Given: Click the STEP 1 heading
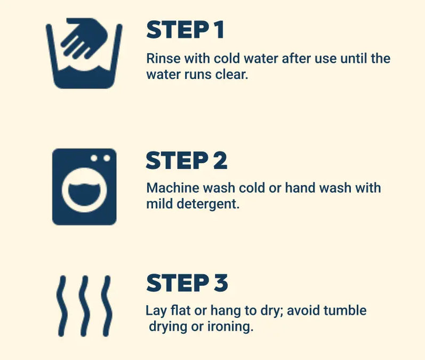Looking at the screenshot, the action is pyautogui.click(x=185, y=30).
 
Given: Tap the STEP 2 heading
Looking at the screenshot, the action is pyautogui.click(x=187, y=161).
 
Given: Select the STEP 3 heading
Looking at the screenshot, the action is pyautogui.click(x=187, y=283).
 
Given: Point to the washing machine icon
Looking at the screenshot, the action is pyautogui.click(x=84, y=187).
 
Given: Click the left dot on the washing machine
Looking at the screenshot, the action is pyautogui.click(x=94, y=158).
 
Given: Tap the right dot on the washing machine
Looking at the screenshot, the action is pyautogui.click(x=107, y=158).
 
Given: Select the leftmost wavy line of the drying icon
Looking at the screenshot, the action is pyautogui.click(x=61, y=306).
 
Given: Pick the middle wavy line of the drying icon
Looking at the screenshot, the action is pyautogui.click(x=84, y=306).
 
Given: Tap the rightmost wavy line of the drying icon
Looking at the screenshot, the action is pyautogui.click(x=107, y=306).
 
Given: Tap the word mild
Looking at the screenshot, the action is pyautogui.click(x=159, y=204).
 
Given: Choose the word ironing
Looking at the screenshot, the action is pyautogui.click(x=230, y=327).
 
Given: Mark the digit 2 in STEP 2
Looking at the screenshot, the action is pyautogui.click(x=220, y=161).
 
